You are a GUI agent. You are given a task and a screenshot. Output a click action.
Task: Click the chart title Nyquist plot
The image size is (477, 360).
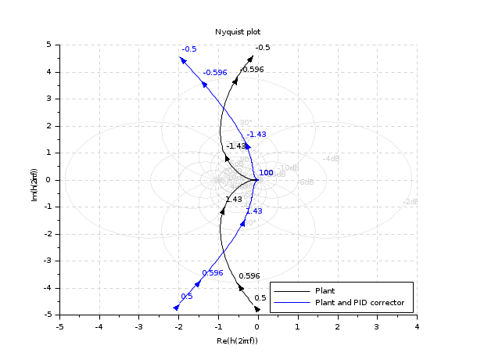click(238, 31)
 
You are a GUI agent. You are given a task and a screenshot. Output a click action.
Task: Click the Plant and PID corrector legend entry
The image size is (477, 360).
click(359, 301)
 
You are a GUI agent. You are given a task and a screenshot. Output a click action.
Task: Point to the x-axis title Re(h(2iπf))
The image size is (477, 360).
click(238, 340)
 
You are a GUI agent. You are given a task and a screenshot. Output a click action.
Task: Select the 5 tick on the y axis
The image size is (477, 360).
click(48, 45)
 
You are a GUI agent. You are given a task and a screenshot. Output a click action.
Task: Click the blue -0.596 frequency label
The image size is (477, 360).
click(214, 73)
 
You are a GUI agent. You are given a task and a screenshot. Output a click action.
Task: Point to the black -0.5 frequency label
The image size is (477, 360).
click(263, 48)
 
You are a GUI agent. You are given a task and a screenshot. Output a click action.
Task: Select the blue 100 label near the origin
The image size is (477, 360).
click(266, 173)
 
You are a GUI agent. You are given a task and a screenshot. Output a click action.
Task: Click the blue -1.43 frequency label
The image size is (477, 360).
click(256, 135)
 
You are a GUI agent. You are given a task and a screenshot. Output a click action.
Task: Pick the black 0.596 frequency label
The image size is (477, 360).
click(249, 276)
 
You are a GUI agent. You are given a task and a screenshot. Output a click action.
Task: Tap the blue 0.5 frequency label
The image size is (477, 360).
click(186, 297)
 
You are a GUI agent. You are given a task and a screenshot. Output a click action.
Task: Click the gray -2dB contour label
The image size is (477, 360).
click(410, 202)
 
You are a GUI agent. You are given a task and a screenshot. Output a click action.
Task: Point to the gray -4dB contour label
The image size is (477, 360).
click(332, 159)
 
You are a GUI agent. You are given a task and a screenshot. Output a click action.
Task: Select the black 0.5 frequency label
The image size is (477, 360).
click(260, 298)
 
